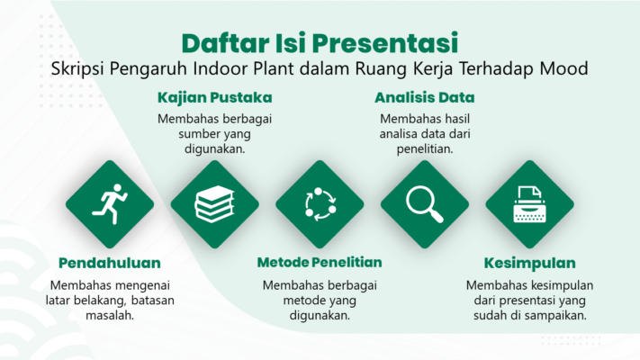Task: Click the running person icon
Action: [x=111, y=203]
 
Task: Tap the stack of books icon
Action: [x=215, y=203]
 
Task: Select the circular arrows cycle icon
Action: [x=320, y=204]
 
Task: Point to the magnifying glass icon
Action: [x=425, y=204]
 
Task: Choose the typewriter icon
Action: [x=530, y=204]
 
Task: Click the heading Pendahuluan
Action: [x=110, y=264]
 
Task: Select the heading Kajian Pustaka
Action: [x=215, y=97]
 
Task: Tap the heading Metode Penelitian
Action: [x=320, y=263]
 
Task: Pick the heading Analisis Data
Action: [x=425, y=97]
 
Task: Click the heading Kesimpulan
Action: [x=530, y=264]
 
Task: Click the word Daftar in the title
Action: [x=225, y=43]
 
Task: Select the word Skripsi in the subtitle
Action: [x=78, y=69]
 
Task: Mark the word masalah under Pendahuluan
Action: [x=109, y=315]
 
